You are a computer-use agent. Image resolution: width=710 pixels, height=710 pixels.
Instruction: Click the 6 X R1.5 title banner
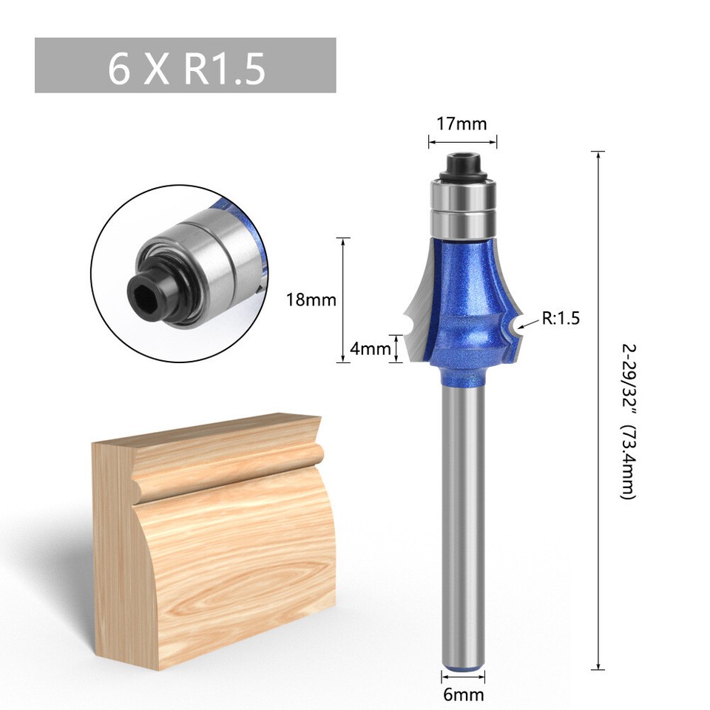click(x=185, y=66)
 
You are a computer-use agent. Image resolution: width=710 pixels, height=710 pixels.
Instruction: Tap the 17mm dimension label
click(x=462, y=124)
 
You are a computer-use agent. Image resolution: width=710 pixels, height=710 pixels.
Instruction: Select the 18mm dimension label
click(x=311, y=300)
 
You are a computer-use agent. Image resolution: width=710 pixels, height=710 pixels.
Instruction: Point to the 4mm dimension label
click(x=369, y=348)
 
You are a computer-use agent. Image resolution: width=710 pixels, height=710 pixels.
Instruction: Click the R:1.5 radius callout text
click(x=561, y=319)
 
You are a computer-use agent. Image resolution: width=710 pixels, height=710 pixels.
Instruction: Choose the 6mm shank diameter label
click(x=464, y=694)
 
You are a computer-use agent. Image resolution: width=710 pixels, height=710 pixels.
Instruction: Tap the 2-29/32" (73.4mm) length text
click(x=627, y=422)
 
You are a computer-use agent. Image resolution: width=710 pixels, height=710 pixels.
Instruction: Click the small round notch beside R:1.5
click(x=511, y=324)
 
